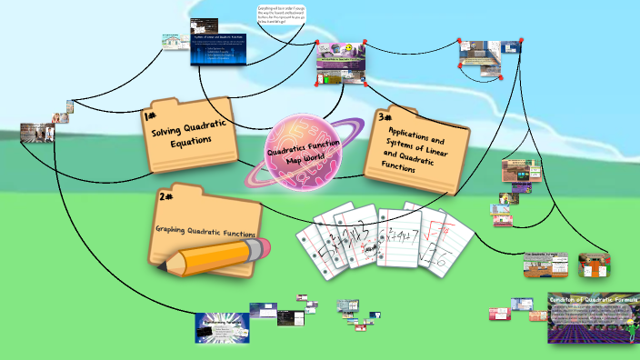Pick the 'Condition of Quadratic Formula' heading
click(x=594, y=299)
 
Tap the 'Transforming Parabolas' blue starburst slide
click(x=222, y=326)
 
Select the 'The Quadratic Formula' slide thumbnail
click(x=545, y=265)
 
